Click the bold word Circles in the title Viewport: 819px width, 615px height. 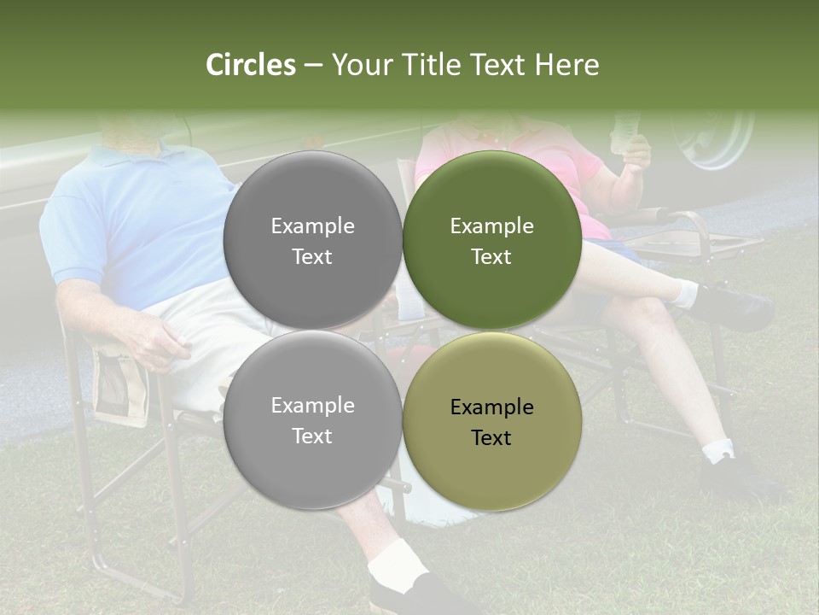tap(250, 65)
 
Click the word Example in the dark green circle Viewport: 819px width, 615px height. tap(491, 226)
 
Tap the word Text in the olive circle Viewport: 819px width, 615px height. tap(491, 437)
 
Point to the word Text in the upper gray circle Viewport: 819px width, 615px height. tap(312, 256)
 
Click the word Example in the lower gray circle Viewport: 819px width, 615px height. tap(312, 406)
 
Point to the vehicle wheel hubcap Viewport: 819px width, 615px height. tap(712, 137)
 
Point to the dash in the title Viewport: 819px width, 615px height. tap(312, 66)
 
